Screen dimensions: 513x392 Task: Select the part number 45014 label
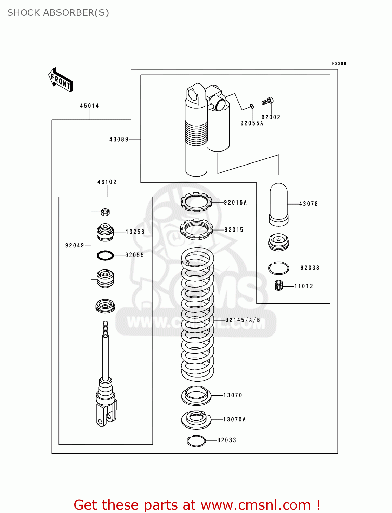90,106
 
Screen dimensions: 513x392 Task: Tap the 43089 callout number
119,139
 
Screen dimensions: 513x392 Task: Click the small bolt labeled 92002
267,101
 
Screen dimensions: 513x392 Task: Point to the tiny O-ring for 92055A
252,106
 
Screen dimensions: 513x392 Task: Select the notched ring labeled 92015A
196,202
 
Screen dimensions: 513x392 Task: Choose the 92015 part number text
234,230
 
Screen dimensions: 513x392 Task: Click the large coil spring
197,315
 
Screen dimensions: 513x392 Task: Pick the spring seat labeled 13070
196,396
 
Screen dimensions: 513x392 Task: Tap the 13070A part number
234,419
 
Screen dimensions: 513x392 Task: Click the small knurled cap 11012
279,285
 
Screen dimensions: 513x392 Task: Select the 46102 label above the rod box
107,182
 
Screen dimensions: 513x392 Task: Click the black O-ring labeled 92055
105,255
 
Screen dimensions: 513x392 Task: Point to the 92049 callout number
75,245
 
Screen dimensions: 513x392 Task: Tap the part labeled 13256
105,232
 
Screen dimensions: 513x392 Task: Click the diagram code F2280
339,63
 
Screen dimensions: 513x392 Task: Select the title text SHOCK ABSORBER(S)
58,13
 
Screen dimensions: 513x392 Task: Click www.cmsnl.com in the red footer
256,505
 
